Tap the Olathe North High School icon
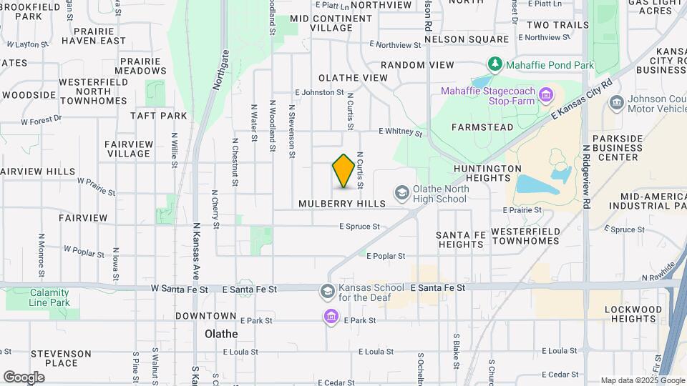pyautogui.click(x=402, y=192)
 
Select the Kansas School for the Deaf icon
pyautogui.click(x=327, y=290)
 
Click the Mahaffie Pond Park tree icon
pyautogui.click(x=494, y=64)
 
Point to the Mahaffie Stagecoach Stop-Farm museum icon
pyautogui.click(x=546, y=95)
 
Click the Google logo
pyautogui.click(x=24, y=377)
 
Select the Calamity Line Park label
pyautogui.click(x=49, y=297)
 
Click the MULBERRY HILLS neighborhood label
pyautogui.click(x=341, y=204)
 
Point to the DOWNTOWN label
pyautogui.click(x=205, y=315)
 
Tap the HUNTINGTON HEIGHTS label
pyautogui.click(x=487, y=173)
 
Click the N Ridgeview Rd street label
pyautogui.click(x=586, y=177)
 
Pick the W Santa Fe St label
pyautogui.click(x=179, y=289)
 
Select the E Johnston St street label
pyautogui.click(x=319, y=92)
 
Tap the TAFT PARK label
pyautogui.click(x=158, y=115)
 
